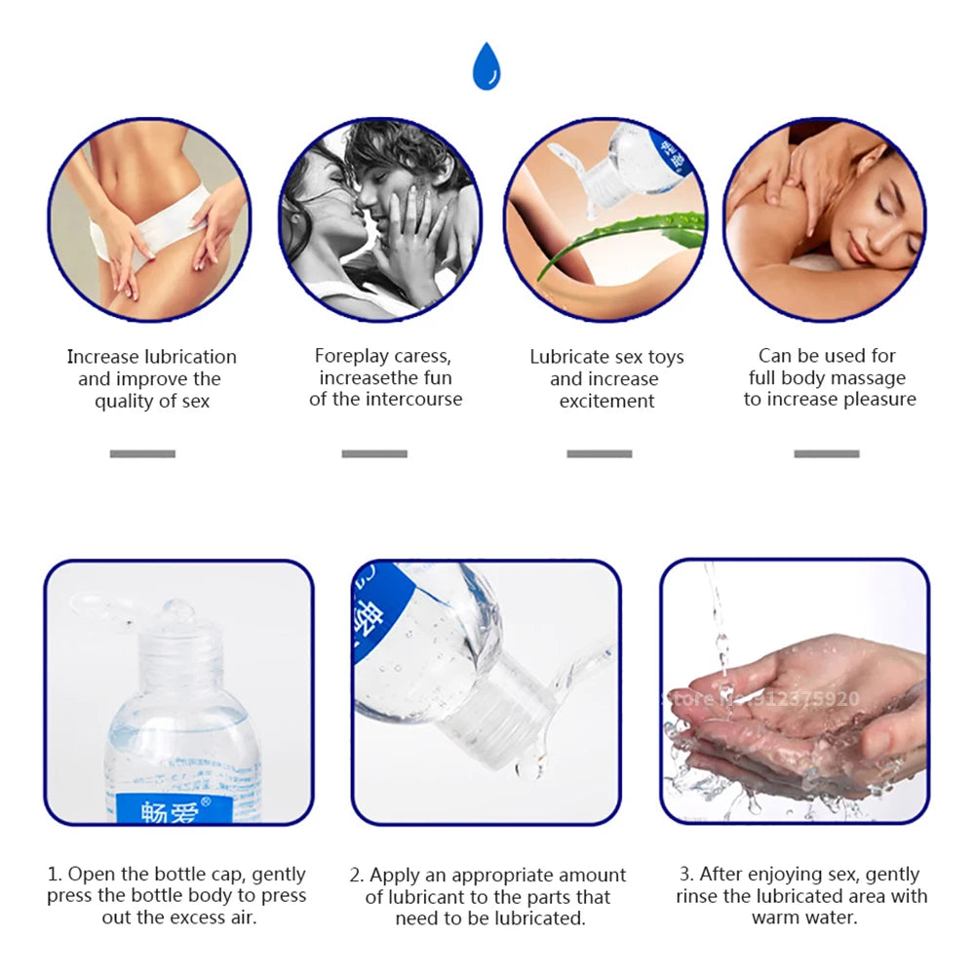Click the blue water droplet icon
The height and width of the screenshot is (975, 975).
[x=487, y=66]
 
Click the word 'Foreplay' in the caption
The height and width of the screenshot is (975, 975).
[x=351, y=356]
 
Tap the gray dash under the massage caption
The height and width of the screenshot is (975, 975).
[x=827, y=454]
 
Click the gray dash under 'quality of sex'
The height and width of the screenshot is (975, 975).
[x=142, y=454]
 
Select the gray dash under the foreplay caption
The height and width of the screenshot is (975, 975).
[x=374, y=454]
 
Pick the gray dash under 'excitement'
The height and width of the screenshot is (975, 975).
[x=600, y=454]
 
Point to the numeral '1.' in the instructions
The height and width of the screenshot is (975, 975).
[x=55, y=875]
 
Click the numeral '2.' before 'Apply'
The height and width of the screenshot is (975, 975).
[x=356, y=876]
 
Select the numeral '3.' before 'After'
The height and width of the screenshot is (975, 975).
[x=686, y=875]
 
